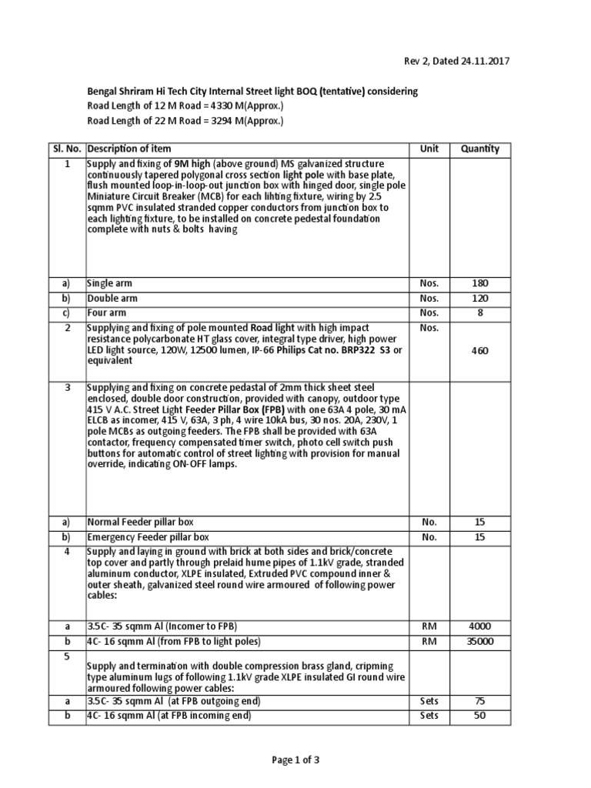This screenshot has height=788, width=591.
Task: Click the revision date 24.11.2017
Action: (481, 61)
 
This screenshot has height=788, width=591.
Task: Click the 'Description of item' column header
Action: (129, 149)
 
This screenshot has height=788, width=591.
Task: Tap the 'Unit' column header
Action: (429, 149)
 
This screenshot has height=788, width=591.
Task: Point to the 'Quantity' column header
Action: (479, 149)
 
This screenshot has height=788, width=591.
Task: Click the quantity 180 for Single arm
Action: (479, 283)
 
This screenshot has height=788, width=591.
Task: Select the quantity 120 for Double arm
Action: (479, 298)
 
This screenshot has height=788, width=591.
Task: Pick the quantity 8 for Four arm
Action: (479, 312)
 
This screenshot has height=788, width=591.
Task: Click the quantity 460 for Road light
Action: (479, 350)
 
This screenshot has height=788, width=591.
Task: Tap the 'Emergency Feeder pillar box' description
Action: (148, 536)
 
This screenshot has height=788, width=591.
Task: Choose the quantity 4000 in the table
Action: (479, 626)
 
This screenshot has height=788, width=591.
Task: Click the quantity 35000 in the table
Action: (479, 642)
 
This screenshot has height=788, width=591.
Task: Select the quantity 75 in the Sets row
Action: (479, 701)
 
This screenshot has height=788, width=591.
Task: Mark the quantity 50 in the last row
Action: (479, 716)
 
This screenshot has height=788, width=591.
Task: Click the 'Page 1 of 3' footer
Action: (295, 760)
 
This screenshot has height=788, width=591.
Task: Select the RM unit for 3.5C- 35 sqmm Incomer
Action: (429, 626)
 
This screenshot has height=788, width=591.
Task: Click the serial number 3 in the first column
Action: (67, 386)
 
